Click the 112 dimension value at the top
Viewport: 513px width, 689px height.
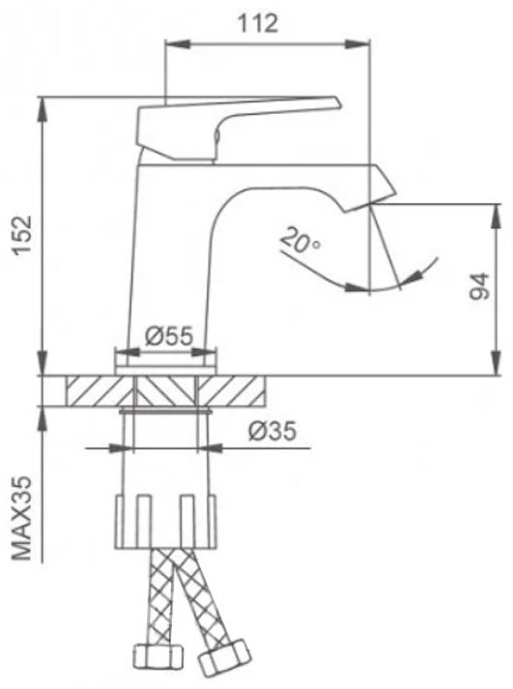click(x=258, y=24)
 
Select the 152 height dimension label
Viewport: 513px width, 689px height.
click(x=22, y=235)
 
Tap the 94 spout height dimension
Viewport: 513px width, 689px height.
click(x=479, y=286)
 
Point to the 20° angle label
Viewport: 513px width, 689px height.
click(x=300, y=241)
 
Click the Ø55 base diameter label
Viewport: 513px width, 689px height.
click(x=169, y=336)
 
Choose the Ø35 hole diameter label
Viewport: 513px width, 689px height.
click(x=272, y=431)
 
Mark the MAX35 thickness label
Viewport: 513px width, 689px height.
click(x=22, y=518)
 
